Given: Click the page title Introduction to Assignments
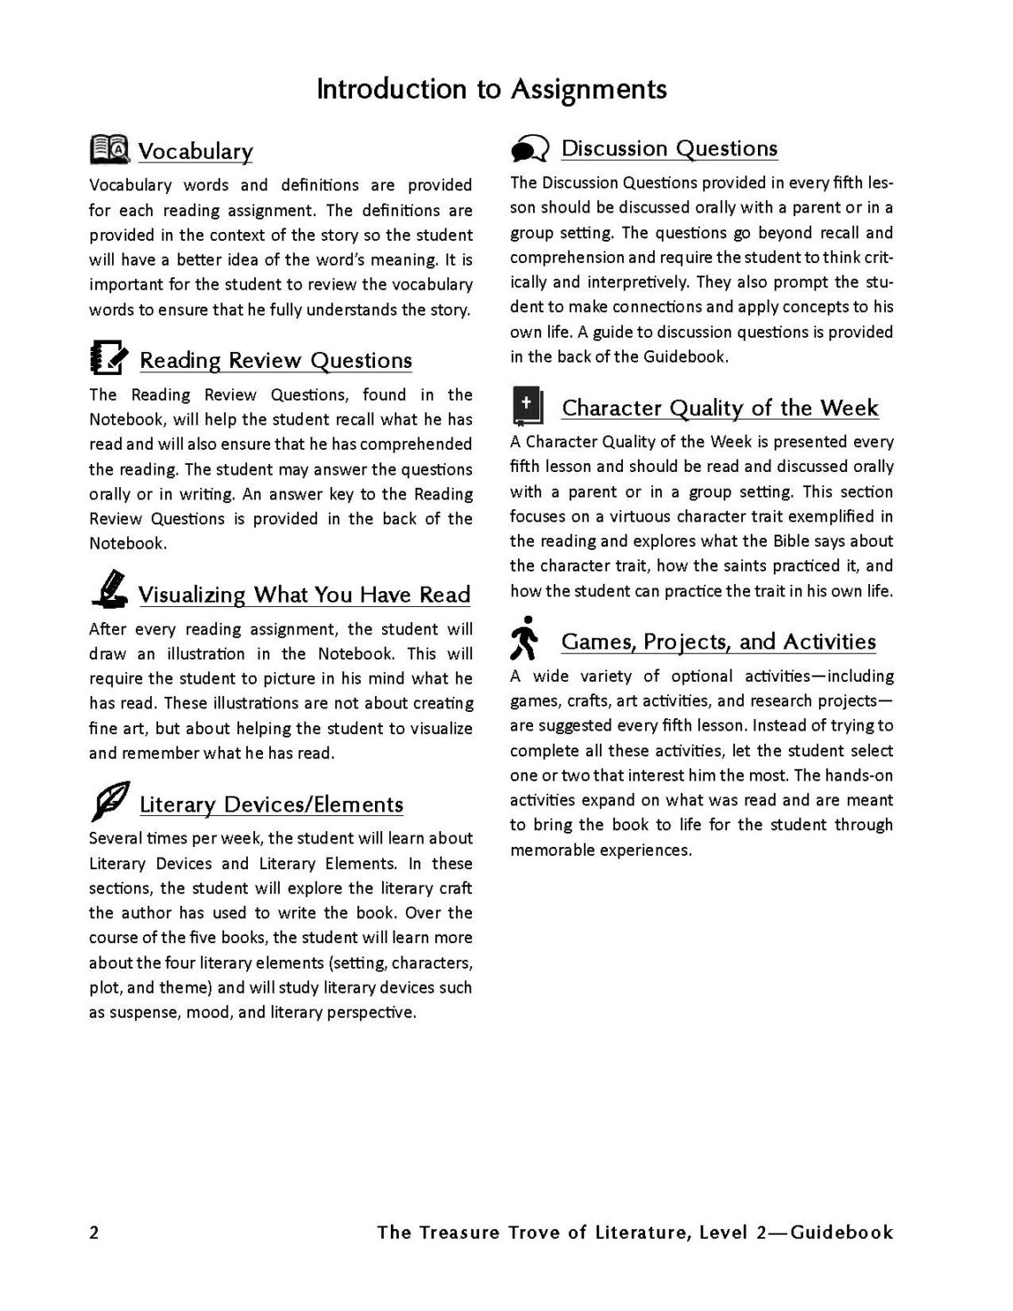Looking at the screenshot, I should [491, 89].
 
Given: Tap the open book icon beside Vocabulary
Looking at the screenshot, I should [110, 149].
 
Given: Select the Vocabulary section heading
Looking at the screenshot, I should [195, 151].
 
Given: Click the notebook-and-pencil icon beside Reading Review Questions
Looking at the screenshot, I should [110, 357].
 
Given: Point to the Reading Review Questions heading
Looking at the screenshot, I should [275, 360].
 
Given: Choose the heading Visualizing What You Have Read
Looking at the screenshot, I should [304, 594].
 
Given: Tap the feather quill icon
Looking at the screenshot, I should [110, 801].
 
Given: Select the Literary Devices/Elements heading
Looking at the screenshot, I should [271, 804].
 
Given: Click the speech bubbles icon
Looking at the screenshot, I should [530, 148].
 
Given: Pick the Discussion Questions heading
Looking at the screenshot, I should [669, 148].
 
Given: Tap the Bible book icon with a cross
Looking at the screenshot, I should [527, 406].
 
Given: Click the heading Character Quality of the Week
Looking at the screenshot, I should [720, 408].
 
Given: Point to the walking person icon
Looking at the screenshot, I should [525, 638].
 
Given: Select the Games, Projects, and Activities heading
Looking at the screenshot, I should [718, 641].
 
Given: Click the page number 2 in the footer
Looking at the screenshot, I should [94, 1232].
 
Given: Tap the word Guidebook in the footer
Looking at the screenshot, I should [842, 1232].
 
